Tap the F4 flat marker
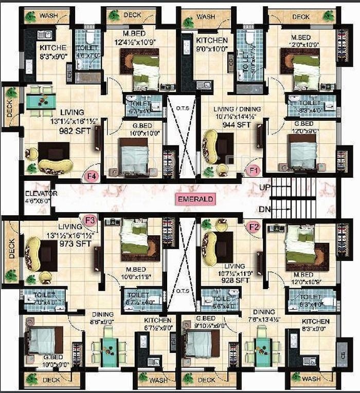92,177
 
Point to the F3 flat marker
90,221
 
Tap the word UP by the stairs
264,189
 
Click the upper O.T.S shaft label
183,108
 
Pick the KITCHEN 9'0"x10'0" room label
211,45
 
